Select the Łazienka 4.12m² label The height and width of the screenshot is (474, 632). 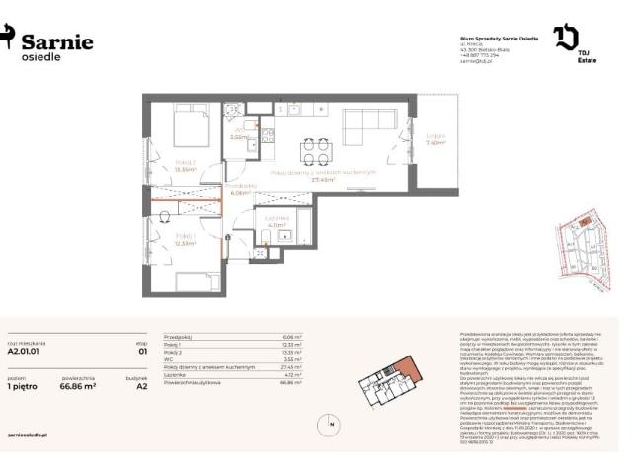tap(277, 221)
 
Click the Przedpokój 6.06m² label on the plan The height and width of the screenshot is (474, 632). tap(240, 189)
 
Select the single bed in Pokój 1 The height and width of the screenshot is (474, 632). tap(191, 279)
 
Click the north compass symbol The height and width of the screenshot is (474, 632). tap(329, 425)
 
